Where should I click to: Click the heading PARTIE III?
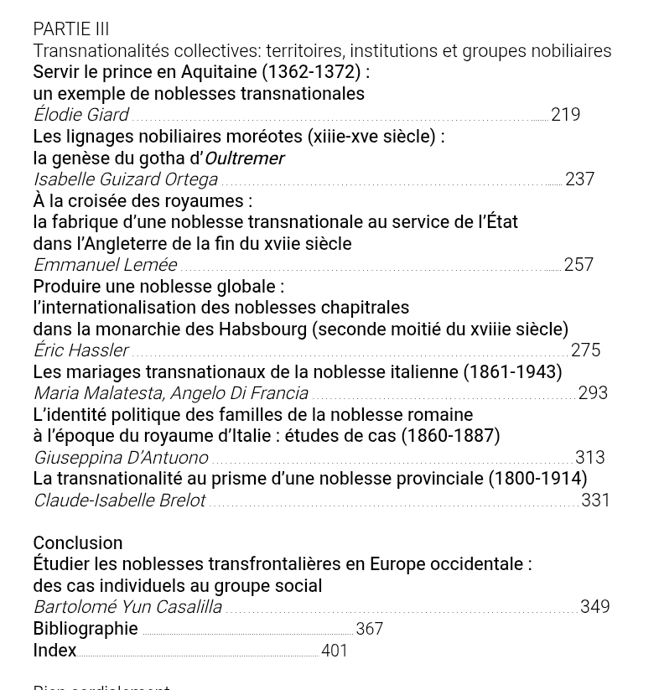(71, 29)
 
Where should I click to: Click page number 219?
(565, 115)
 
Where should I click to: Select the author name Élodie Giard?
(80, 115)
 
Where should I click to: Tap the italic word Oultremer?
(244, 158)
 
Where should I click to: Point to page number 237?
(579, 179)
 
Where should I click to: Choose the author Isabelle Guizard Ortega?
(125, 179)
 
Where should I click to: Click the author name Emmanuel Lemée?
(105, 265)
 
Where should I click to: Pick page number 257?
(579, 265)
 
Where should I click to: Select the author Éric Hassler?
(80, 350)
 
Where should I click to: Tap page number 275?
(585, 350)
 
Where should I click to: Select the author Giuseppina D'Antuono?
(121, 458)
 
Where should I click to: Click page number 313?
(589, 458)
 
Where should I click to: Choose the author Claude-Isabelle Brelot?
(119, 501)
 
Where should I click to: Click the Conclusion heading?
(78, 542)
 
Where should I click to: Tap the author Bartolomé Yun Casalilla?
(127, 607)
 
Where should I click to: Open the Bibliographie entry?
(86, 629)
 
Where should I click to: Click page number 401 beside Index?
(335, 651)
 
